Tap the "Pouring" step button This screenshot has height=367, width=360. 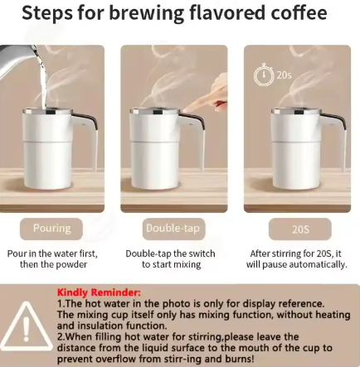coord(51,228)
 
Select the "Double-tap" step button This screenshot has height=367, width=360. coord(174,228)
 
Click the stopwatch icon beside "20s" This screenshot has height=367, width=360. coord(263,75)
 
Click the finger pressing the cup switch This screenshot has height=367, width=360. coord(217,103)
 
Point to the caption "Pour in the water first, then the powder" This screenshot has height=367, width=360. coord(51,258)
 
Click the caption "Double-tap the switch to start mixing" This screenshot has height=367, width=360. coord(170,258)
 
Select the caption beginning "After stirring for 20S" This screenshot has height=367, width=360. coord(296,258)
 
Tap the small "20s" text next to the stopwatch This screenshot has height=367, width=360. coord(284,75)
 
